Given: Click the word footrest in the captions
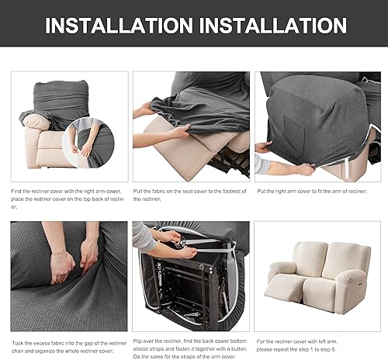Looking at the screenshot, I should [227, 190].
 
